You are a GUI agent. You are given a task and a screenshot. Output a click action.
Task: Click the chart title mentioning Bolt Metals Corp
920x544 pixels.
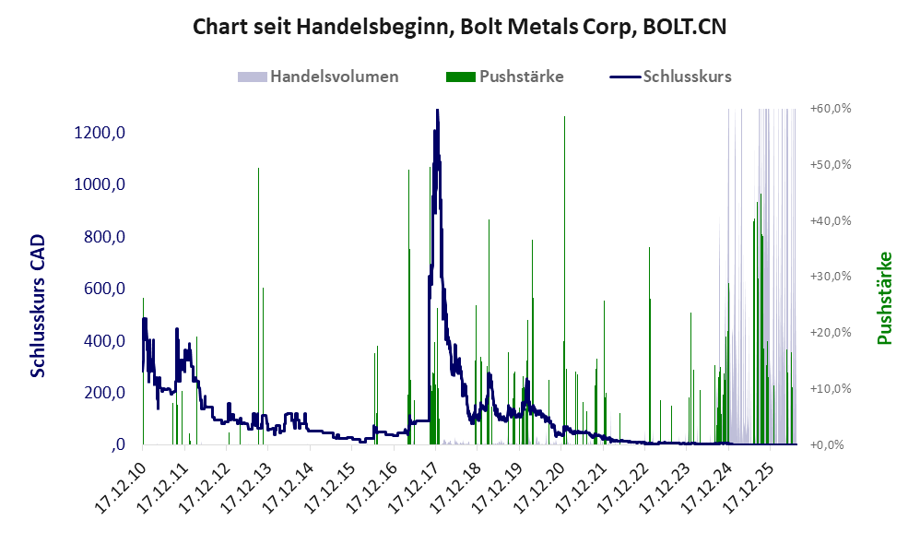[459, 27]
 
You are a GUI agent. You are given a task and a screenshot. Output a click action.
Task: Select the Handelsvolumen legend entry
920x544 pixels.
[318, 77]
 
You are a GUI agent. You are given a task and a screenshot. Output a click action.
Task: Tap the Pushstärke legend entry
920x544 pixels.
[504, 77]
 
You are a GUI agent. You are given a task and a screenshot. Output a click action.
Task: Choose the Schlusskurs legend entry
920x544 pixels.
[670, 77]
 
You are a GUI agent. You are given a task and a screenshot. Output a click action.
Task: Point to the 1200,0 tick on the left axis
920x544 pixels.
[100, 133]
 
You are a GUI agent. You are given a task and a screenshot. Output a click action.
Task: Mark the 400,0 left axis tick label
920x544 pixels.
[104, 340]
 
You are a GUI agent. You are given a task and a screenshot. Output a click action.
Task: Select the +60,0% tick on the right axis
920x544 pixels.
[831, 109]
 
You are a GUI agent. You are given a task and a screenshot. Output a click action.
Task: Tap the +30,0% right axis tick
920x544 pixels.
[831, 277]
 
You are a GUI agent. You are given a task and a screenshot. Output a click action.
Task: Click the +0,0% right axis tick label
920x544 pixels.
[827, 444]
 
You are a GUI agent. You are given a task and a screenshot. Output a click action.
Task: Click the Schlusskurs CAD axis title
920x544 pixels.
[38, 306]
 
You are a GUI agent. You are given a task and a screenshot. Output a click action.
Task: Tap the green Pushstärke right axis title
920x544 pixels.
[885, 298]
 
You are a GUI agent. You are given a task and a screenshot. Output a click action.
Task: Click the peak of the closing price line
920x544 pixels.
[437, 111]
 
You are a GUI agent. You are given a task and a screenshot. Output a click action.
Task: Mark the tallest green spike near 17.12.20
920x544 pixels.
[564, 280]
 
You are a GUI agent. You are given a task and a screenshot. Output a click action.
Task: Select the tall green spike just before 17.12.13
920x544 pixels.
[258, 306]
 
